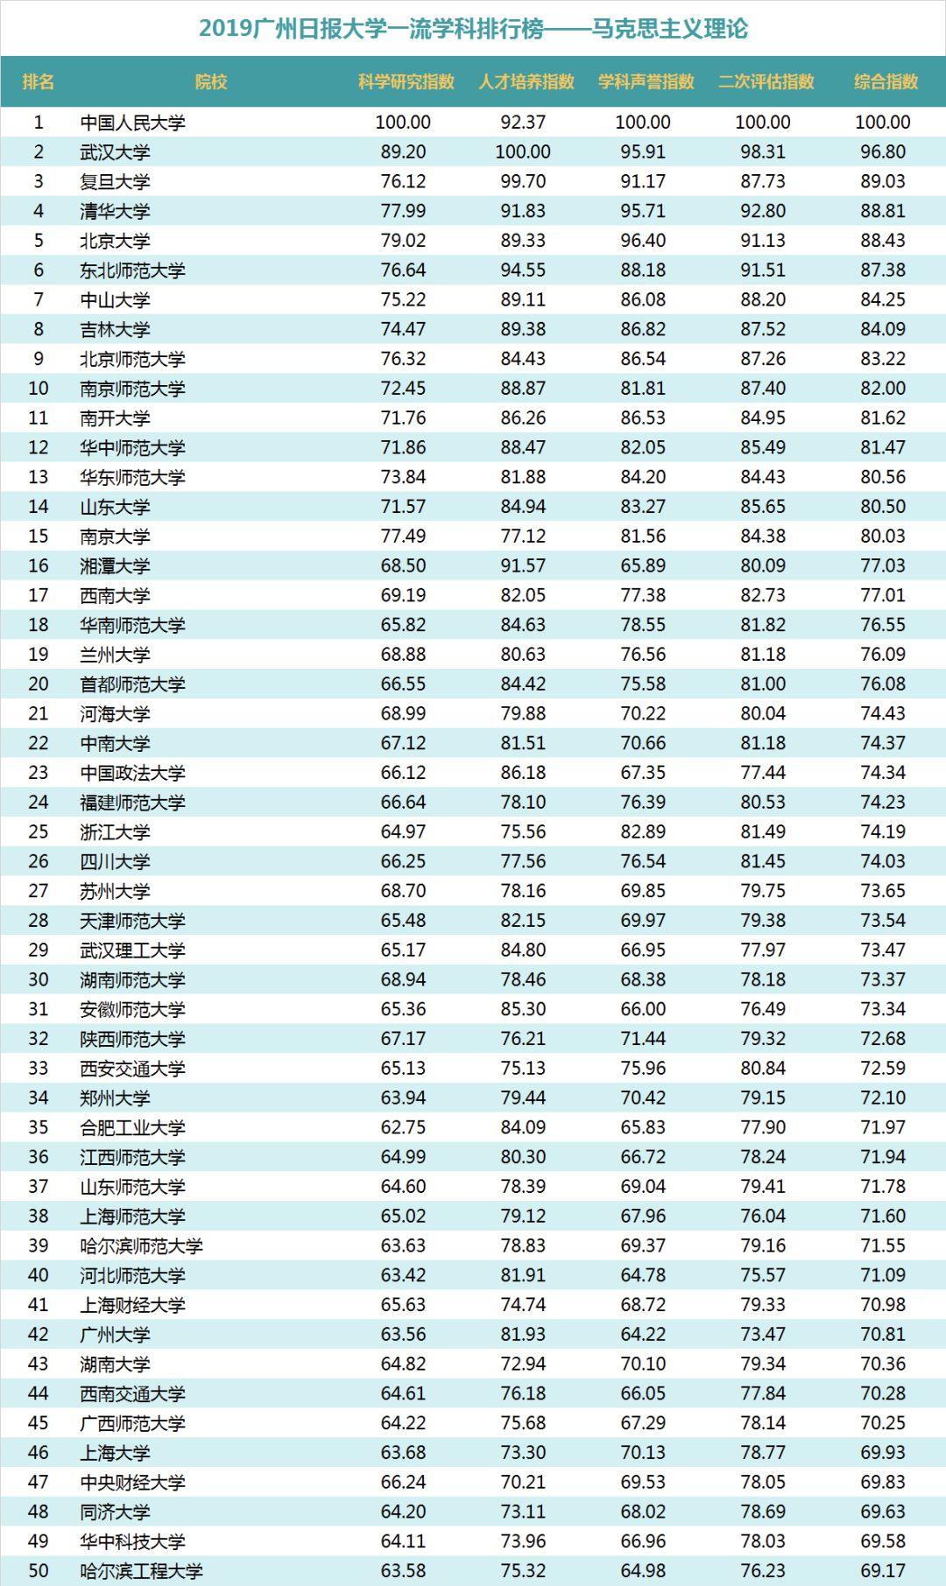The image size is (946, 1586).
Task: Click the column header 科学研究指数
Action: click(406, 81)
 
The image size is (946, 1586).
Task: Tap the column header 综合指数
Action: click(886, 81)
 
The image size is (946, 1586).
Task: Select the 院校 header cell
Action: click(211, 81)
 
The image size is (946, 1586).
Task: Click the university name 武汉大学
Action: click(115, 152)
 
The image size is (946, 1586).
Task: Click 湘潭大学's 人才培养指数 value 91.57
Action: click(523, 565)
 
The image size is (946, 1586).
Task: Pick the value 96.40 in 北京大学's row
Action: click(643, 241)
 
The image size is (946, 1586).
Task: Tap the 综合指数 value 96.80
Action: click(883, 152)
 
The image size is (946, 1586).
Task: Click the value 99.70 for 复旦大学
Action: click(523, 181)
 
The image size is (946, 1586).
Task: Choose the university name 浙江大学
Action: click(115, 832)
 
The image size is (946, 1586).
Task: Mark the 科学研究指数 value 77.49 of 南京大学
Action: click(403, 536)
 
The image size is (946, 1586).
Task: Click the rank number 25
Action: click(39, 832)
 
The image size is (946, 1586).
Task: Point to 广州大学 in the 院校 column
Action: click(115, 1334)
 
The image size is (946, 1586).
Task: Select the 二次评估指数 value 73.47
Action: click(763, 1334)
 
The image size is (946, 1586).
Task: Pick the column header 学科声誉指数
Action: click(646, 81)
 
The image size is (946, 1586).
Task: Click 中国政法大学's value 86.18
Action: click(523, 773)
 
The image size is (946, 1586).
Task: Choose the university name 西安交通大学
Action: click(132, 1068)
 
